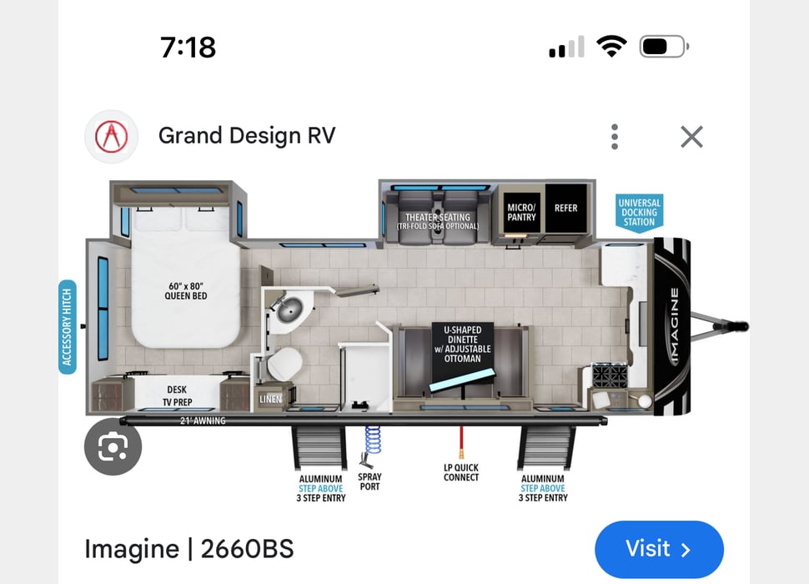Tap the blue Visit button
pyautogui.click(x=659, y=549)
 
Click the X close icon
pyautogui.click(x=691, y=137)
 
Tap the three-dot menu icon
pyautogui.click(x=615, y=137)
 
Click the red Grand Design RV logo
pyautogui.click(x=111, y=136)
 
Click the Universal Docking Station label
pyautogui.click(x=640, y=213)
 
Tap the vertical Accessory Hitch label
pyautogui.click(x=68, y=327)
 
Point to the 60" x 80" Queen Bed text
pyautogui.click(x=186, y=291)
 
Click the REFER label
pyautogui.click(x=565, y=208)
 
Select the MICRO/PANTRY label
pyautogui.click(x=522, y=213)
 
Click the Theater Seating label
pyautogui.click(x=438, y=222)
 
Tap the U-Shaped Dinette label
pyautogui.click(x=461, y=344)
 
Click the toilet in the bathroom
pyautogui.click(x=282, y=365)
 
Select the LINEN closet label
pyautogui.click(x=269, y=400)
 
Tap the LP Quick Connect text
pyautogui.click(x=461, y=472)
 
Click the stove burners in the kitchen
pyautogui.click(x=609, y=375)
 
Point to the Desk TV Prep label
pyautogui.click(x=176, y=395)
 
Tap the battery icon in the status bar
pyautogui.click(x=662, y=47)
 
